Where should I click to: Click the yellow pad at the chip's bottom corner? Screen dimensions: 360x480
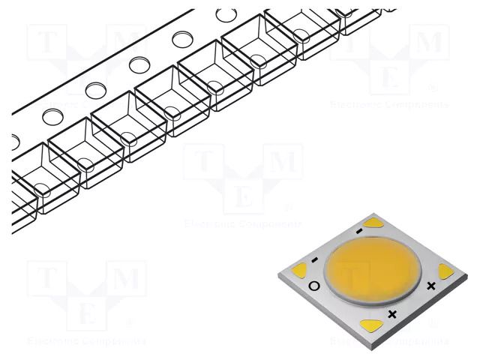[370, 325]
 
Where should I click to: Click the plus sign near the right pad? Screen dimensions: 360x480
[430, 286]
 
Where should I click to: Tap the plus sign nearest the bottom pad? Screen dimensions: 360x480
[392, 313]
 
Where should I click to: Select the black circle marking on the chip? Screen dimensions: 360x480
[314, 286]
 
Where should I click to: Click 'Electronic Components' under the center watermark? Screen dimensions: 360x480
[243, 223]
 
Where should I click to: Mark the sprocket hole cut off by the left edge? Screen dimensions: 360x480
[15, 139]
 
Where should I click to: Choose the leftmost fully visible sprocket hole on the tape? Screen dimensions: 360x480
[52, 116]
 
